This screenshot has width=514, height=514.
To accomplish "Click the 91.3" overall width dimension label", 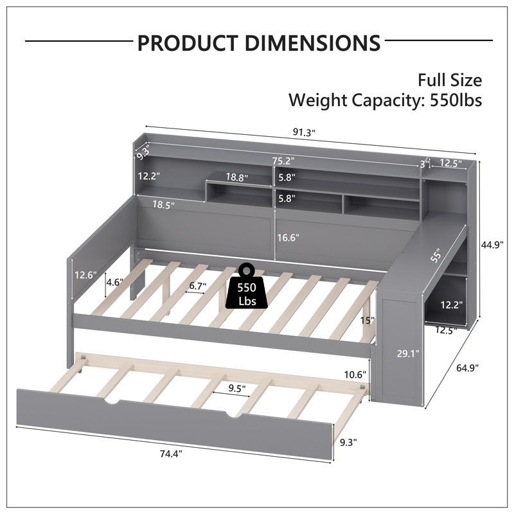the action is [x=304, y=132].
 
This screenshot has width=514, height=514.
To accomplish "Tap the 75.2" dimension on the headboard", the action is [x=283, y=161].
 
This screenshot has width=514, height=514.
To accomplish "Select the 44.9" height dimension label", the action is [x=492, y=245].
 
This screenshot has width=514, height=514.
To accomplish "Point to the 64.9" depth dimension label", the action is [x=468, y=368].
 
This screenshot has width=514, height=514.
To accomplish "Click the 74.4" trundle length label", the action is [x=171, y=454].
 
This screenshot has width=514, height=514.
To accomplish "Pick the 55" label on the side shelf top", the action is [x=437, y=255].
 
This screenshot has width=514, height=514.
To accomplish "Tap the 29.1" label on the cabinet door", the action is [x=408, y=353].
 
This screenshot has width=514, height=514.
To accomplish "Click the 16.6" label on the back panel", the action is [x=288, y=237].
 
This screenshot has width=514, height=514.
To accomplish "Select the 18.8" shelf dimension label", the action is [x=236, y=177].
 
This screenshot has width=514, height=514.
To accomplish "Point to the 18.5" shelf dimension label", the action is [x=163, y=205].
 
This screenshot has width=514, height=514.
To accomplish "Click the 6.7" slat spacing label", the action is [x=198, y=286].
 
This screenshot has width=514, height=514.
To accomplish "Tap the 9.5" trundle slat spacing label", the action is [x=237, y=389].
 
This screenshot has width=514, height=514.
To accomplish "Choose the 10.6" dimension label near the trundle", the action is [x=355, y=375].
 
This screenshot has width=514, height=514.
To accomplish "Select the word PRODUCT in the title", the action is [x=188, y=42].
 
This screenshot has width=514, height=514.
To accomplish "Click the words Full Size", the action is [x=450, y=80].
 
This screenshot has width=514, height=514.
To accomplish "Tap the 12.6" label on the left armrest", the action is [x=85, y=275].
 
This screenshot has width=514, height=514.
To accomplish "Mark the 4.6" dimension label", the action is [x=115, y=282].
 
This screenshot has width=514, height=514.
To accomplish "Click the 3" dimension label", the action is [x=424, y=164].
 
